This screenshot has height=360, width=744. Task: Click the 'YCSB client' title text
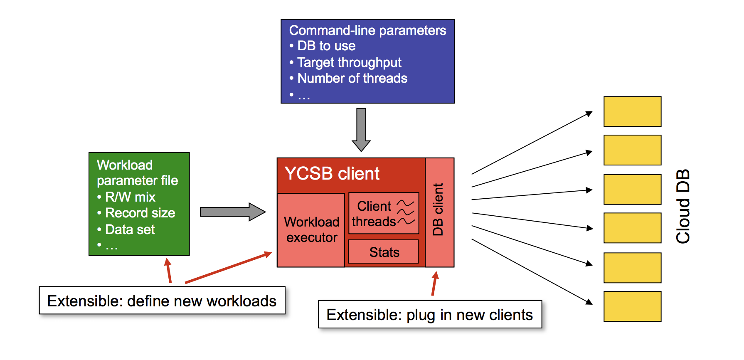coord(332,174)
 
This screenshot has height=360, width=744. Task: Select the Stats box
coord(383,252)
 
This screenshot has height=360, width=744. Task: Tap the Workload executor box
coord(311,230)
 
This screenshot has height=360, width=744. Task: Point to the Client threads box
coord(383,213)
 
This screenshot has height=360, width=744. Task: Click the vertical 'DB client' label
coord(438,210)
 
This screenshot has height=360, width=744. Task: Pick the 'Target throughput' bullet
coord(349,62)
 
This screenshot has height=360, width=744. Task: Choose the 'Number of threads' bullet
coord(352,78)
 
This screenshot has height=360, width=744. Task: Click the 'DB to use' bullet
coord(326,46)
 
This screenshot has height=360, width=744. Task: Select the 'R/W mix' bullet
coord(130,197)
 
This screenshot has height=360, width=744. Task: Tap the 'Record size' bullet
coord(140,213)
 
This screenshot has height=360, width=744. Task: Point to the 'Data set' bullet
coord(130,229)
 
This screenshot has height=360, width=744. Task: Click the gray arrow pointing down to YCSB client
coord(361,129)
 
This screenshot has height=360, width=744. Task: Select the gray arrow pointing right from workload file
coord(232,212)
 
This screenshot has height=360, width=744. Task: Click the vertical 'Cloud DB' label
coord(683,206)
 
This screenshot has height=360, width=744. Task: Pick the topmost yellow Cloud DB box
coord(632,111)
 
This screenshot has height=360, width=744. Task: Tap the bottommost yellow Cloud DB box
coord(632,306)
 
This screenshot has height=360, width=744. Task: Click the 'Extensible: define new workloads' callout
coord(162,301)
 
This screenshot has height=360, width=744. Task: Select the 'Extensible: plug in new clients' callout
coord(430,315)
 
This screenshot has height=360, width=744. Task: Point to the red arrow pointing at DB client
coord(434,284)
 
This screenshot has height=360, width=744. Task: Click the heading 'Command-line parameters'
coord(367,30)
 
